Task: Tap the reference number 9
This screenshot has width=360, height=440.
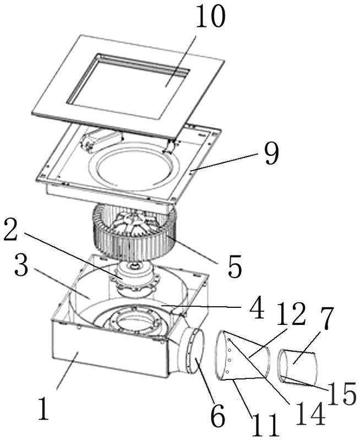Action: point(270,153)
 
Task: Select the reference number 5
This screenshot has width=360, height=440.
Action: point(234,266)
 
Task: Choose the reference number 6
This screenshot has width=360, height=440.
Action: point(218,416)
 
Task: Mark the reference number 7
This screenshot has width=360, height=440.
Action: point(326,318)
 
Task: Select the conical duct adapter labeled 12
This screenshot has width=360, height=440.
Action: point(242,355)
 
